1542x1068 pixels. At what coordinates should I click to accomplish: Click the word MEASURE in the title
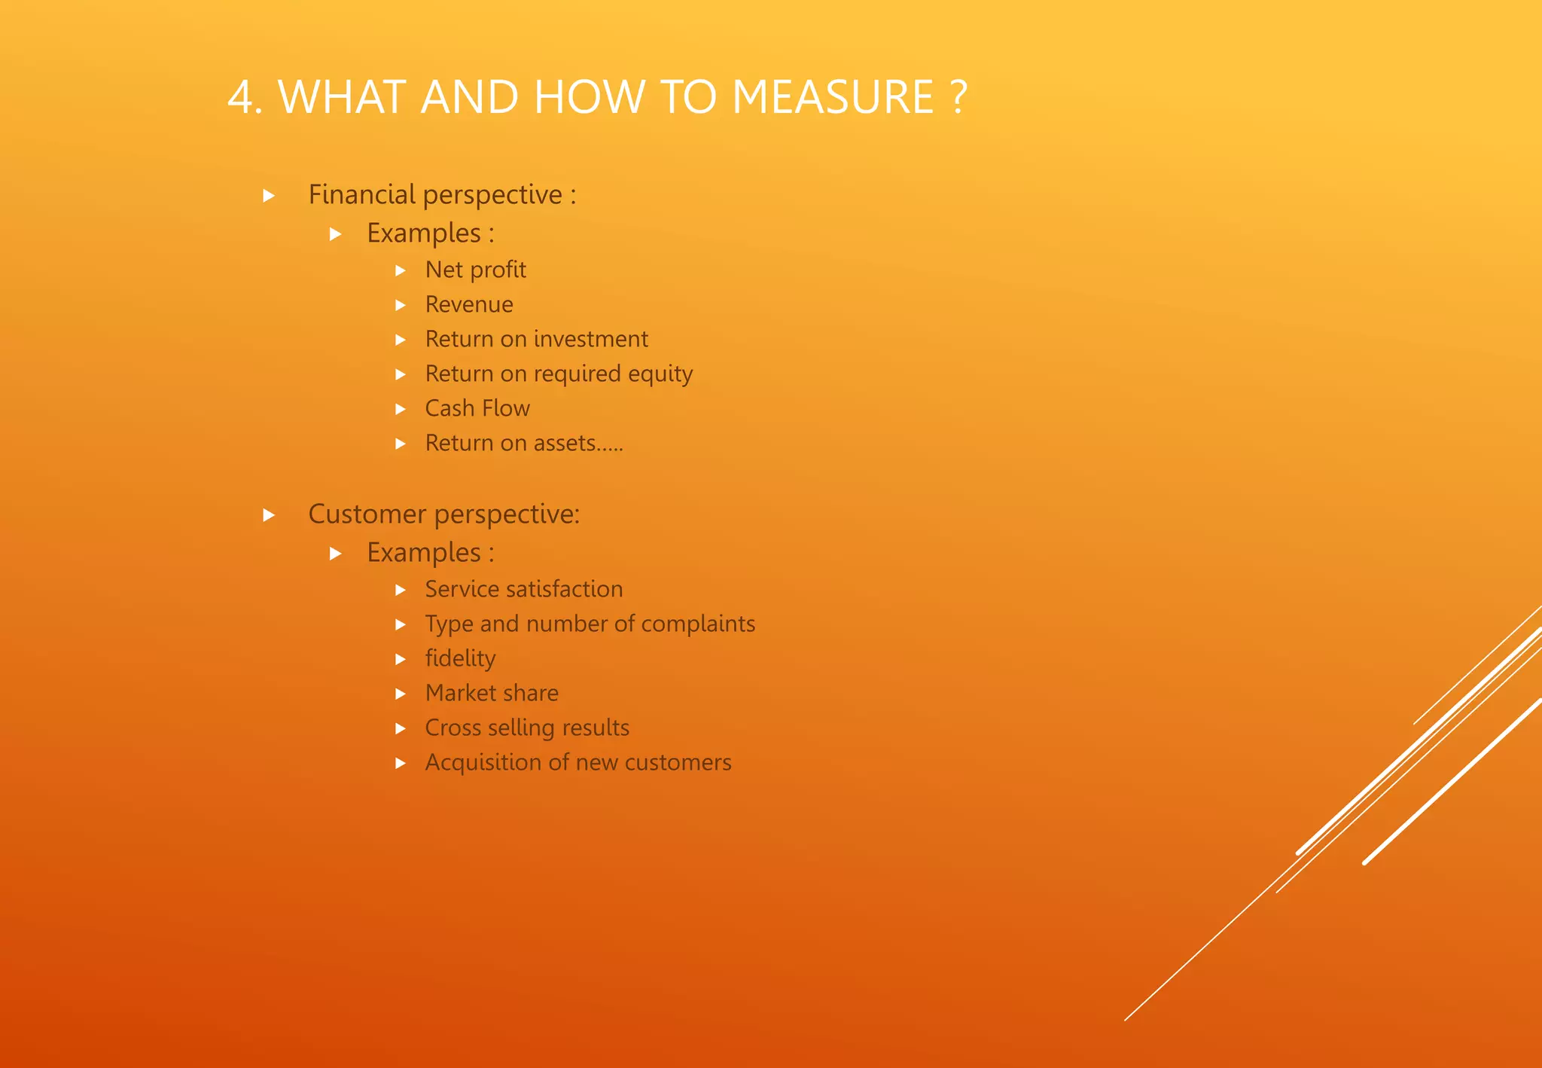pos(833,97)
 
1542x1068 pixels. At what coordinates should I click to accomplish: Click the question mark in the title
pos(957,97)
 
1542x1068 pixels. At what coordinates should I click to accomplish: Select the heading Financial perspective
pos(442,195)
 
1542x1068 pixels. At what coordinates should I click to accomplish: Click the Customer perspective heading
pos(443,514)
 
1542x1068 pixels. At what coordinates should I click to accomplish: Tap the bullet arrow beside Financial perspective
pos(269,197)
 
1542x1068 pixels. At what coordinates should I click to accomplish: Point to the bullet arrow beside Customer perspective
pos(269,516)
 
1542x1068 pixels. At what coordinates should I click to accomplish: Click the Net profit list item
pos(475,270)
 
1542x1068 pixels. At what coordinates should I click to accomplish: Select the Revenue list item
pos(469,304)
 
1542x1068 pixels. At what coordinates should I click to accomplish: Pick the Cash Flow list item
pos(477,408)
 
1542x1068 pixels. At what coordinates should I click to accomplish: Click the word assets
pos(565,444)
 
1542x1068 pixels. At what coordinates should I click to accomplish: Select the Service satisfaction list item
pos(523,589)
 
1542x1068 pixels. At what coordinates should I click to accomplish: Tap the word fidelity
pos(460,658)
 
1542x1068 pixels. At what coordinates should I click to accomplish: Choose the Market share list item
pos(492,693)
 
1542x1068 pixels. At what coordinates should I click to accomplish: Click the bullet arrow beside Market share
pos(401,694)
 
